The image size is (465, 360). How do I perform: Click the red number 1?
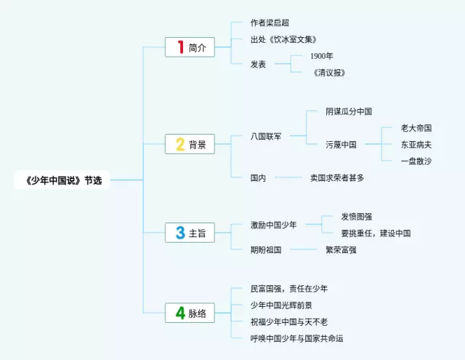point(180,48)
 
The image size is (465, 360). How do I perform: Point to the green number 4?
point(179,313)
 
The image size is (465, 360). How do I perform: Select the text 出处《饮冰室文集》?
point(283,39)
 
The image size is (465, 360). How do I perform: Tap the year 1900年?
point(322,56)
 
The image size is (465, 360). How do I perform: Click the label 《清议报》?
point(329,72)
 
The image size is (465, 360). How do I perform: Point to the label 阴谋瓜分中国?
point(349,111)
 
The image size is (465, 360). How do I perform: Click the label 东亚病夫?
point(416,144)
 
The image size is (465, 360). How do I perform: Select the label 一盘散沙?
point(416,161)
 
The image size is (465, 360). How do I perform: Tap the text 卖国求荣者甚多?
point(337,177)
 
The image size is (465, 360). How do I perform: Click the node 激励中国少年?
point(274,225)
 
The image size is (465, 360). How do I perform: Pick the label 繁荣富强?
point(341,249)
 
